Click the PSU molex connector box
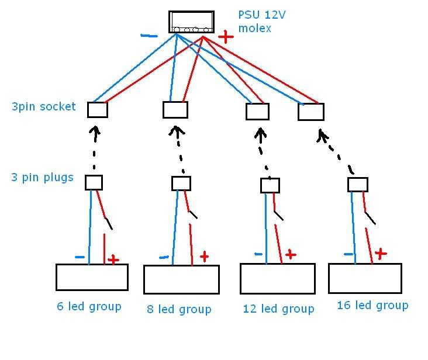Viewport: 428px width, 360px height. (191, 22)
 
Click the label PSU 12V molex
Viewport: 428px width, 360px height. (254, 21)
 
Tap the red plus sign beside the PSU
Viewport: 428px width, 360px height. (225, 37)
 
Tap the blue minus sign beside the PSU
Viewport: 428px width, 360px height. (149, 36)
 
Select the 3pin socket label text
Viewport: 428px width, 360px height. (43, 106)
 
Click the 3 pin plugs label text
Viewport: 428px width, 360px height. (42, 177)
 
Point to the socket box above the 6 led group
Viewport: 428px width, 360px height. (98, 110)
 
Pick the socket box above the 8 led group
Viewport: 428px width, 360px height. (175, 110)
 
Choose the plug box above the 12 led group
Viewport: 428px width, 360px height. (270, 186)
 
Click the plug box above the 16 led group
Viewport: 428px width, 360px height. (357, 185)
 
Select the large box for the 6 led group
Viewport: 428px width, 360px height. (91, 277)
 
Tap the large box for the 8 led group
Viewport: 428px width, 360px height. (181, 279)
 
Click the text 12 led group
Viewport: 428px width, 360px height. (278, 309)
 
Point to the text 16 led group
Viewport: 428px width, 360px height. (372, 305)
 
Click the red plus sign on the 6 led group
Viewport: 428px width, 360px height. (113, 259)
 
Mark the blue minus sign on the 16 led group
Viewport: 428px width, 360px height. (348, 254)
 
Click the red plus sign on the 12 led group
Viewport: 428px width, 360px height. (290, 254)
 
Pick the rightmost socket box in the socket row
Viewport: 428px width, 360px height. (310, 112)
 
